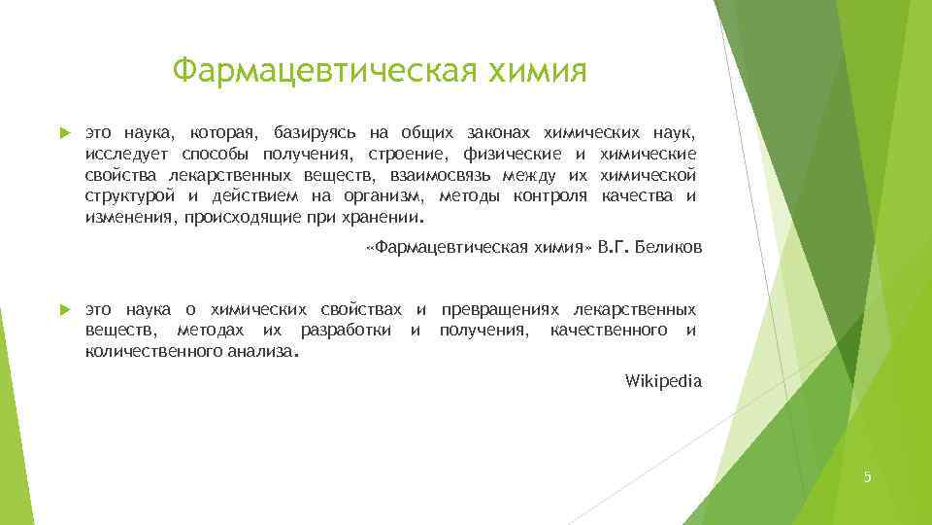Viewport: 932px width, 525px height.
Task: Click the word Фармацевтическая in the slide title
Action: pos(321,71)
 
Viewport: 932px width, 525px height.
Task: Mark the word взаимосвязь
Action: pos(440,175)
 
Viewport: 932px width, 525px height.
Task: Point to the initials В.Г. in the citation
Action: pos(615,248)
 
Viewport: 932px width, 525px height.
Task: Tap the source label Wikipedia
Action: pos(663,381)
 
